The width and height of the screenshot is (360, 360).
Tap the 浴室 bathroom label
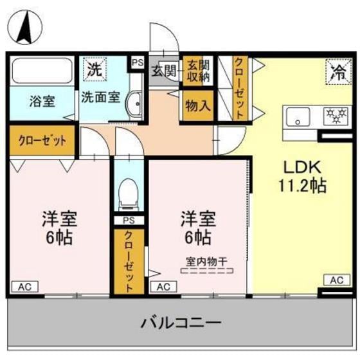(x=41, y=101)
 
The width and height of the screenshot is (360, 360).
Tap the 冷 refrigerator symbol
(x=336, y=68)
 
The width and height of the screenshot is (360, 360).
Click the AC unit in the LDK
(x=336, y=280)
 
